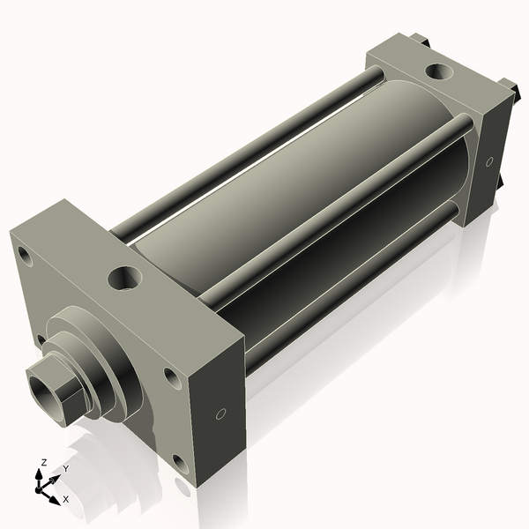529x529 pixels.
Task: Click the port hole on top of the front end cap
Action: tap(123, 279)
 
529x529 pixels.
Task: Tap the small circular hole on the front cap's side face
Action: tap(221, 413)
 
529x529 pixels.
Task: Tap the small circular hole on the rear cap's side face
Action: tap(488, 161)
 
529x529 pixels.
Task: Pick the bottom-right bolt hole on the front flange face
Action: tap(181, 462)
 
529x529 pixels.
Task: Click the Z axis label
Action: tap(44, 462)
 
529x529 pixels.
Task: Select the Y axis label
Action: tap(65, 469)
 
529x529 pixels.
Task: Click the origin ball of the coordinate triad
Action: tap(41, 487)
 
